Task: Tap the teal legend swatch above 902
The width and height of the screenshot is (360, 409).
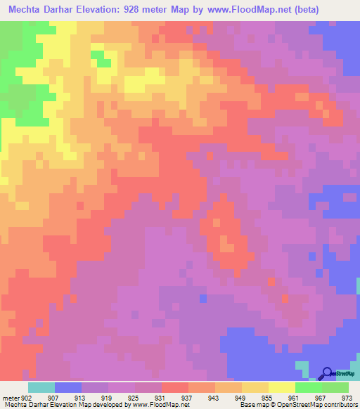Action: click(41, 387)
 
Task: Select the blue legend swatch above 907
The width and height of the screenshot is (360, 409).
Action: click(67, 387)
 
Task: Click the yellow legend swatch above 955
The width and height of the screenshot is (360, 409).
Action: click(255, 387)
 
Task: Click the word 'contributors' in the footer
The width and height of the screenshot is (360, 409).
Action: click(336, 405)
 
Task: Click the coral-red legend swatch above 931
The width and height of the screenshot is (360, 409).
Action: click(174, 387)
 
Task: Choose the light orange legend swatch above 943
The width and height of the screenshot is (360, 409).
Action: click(229, 387)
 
